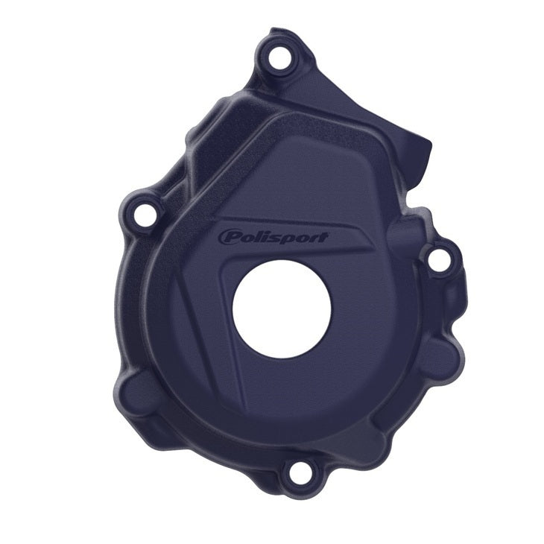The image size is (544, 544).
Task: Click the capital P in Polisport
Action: [x=227, y=236]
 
